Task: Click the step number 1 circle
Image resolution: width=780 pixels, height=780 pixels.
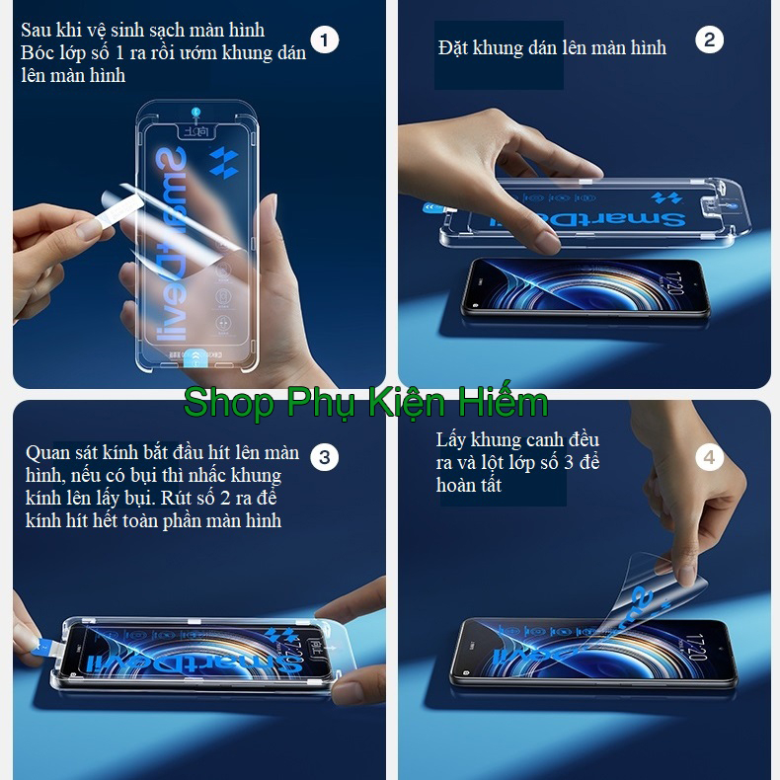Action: [x=324, y=39]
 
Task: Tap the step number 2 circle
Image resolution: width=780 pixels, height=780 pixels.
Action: [x=709, y=39]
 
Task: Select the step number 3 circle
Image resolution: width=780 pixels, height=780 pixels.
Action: [x=324, y=457]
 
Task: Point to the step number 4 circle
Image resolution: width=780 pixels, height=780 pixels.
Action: [x=709, y=457]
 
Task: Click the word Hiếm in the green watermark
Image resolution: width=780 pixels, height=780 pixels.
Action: [x=501, y=403]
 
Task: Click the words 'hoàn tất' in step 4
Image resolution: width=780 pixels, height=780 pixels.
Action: [x=469, y=485]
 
